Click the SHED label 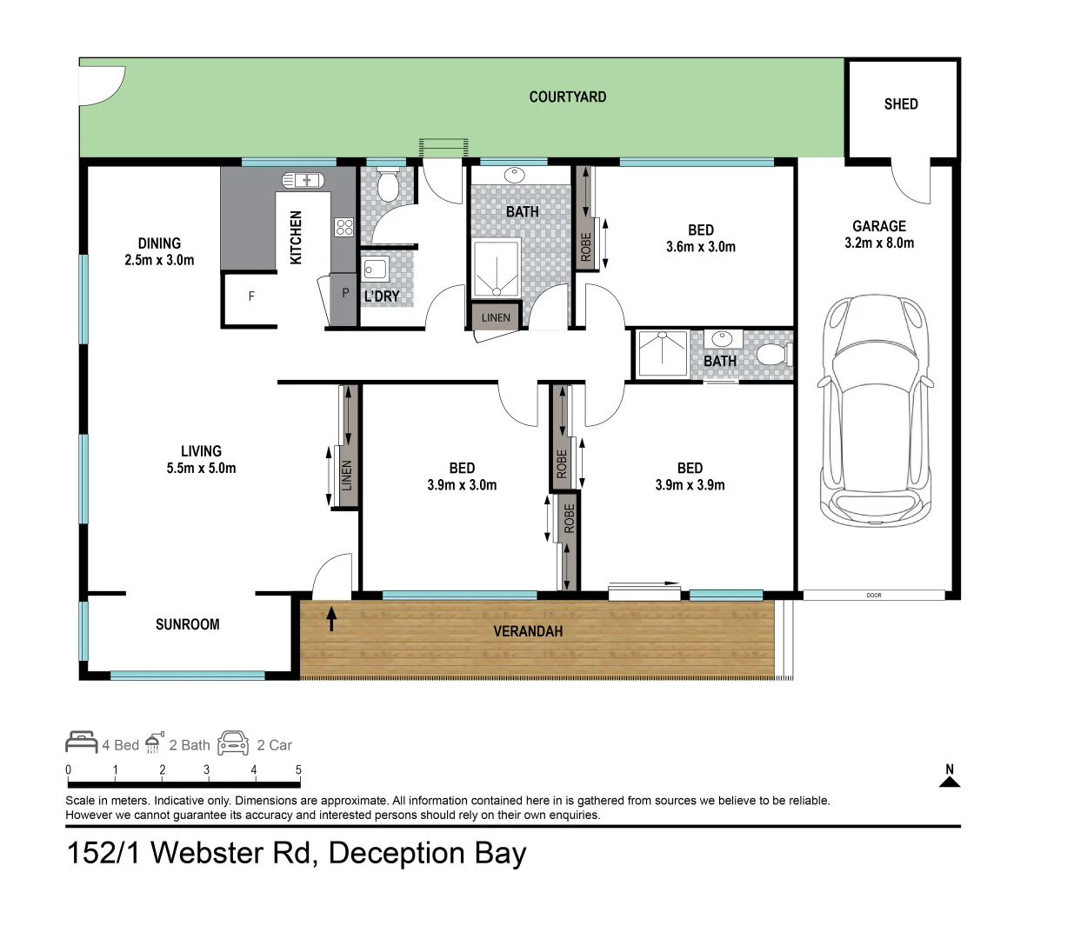click(x=900, y=103)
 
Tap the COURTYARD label click(x=567, y=97)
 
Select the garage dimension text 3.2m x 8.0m click(x=878, y=243)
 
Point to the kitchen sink click(x=302, y=180)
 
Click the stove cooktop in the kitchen click(x=344, y=227)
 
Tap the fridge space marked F click(x=251, y=296)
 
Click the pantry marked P click(x=345, y=294)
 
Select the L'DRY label click(x=382, y=296)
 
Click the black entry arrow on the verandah click(x=331, y=619)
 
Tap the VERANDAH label click(x=528, y=631)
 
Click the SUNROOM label click(x=187, y=624)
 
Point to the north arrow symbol click(x=950, y=776)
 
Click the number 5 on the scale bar click(x=298, y=769)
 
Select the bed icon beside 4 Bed click(x=82, y=743)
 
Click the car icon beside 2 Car click(x=233, y=743)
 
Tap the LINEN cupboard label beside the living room click(x=346, y=476)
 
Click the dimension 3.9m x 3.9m click(x=690, y=485)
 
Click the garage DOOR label click(x=874, y=596)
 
